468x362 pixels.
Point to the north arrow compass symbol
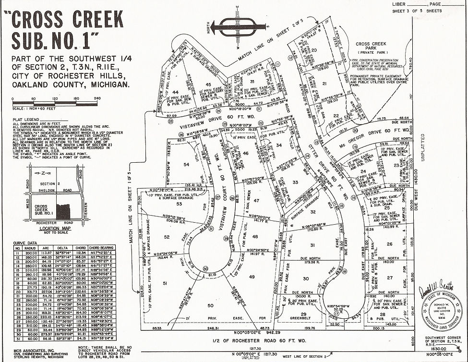(239, 27)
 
